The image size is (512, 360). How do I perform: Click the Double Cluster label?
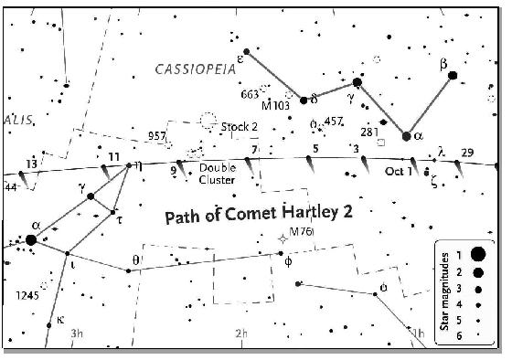217,174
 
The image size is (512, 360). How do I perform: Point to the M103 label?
275,104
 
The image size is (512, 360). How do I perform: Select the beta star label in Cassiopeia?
443,63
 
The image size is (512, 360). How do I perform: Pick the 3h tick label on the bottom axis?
77,334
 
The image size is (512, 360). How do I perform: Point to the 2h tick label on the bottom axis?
241,334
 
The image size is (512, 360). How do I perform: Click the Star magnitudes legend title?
444,290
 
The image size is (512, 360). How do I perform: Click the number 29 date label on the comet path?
467,152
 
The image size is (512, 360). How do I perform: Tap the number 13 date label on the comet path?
32,164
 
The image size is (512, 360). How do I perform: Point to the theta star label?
136,260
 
